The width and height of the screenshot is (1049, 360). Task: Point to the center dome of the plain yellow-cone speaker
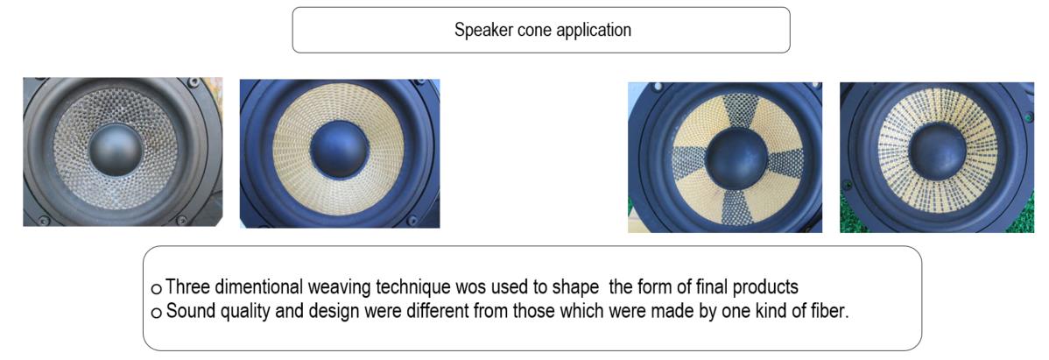click(339, 150)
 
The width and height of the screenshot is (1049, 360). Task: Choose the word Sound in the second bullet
click(187, 312)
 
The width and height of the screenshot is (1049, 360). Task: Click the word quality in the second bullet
click(236, 313)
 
